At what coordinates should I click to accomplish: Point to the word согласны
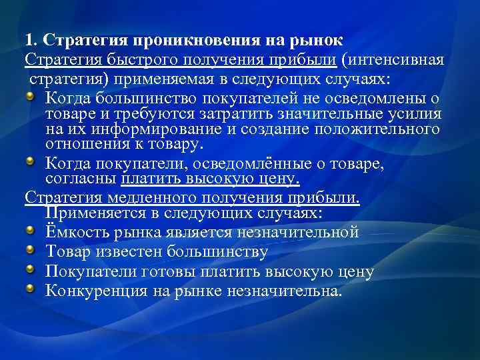pos(81,180)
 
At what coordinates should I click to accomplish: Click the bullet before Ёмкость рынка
pos(33,231)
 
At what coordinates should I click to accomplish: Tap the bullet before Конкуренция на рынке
pos(33,290)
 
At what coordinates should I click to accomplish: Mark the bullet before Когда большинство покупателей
pos(33,98)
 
